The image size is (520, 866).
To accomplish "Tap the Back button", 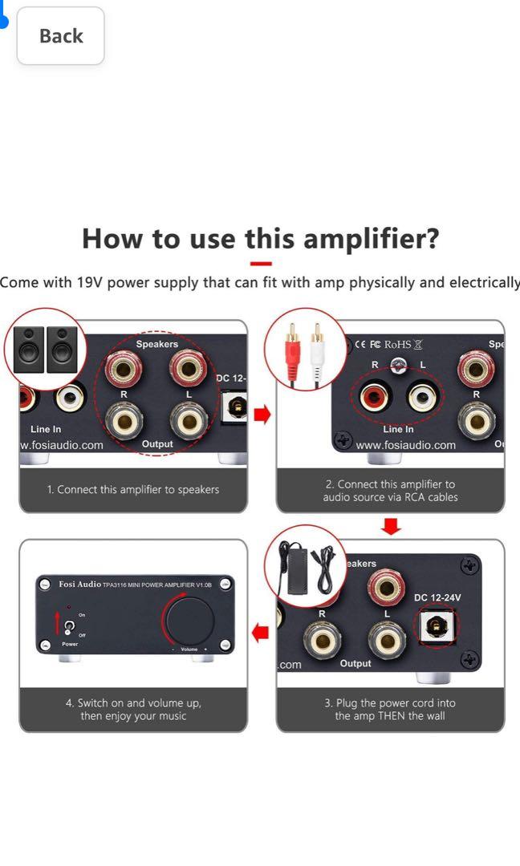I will (x=61, y=36).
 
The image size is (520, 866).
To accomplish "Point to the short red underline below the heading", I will (x=261, y=263).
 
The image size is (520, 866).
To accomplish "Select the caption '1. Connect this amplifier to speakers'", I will (x=132, y=489).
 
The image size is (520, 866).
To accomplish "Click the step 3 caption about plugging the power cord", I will (x=390, y=709).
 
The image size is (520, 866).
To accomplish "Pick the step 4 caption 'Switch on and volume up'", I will (x=133, y=709).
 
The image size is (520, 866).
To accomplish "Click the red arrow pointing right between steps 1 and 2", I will (x=262, y=415).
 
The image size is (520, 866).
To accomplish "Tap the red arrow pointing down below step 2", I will (x=391, y=527).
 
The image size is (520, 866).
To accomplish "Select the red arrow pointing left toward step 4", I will (x=260, y=633).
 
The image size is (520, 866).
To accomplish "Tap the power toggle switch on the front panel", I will (x=70, y=625).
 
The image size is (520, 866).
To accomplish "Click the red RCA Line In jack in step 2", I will (x=374, y=396).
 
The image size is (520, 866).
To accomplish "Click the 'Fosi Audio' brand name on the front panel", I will (x=79, y=584).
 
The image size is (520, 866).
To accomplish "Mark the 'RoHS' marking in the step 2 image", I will (x=397, y=345).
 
